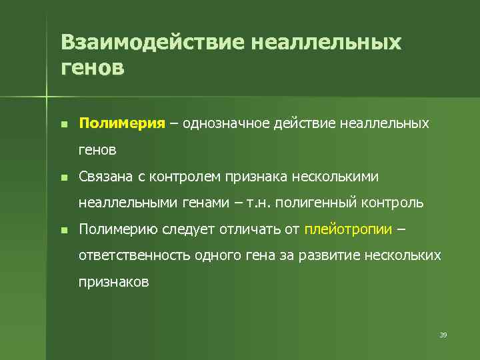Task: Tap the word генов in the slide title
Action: (92, 67)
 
